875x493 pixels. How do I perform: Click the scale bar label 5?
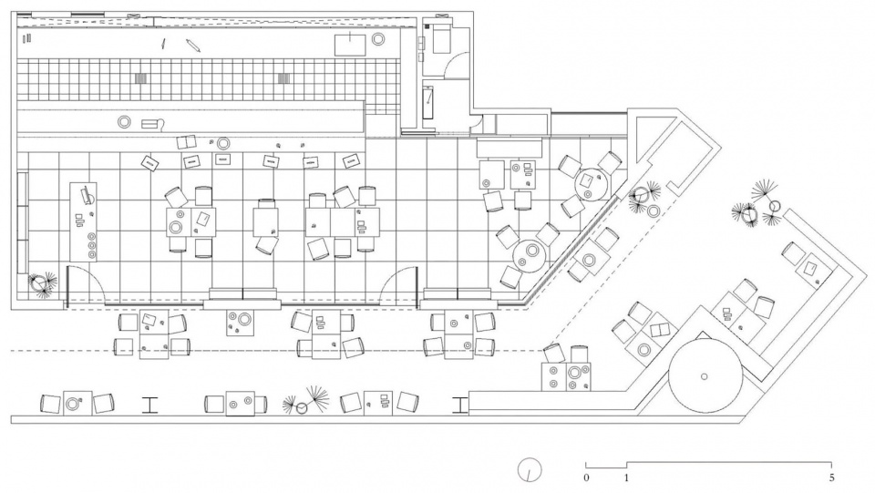coord(831,478)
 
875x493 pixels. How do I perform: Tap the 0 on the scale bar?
coord(586,478)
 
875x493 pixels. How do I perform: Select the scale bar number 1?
coord(627,478)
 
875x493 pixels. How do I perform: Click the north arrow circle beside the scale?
coord(529,470)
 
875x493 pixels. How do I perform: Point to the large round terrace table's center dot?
coord(705,376)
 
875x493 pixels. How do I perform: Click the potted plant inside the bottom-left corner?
coord(41,283)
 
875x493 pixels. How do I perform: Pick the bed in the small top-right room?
coord(441,37)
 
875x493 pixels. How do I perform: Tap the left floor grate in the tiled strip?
coord(140,78)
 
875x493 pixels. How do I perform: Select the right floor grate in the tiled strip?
coord(284,78)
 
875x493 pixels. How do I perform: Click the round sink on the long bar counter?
coord(124,122)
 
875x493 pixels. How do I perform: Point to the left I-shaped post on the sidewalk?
coord(149,405)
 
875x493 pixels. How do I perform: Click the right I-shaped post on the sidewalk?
coord(459,405)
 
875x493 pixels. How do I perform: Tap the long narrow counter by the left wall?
coord(22,223)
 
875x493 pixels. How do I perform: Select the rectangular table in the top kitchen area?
coord(350,46)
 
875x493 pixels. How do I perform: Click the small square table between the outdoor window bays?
coord(240,323)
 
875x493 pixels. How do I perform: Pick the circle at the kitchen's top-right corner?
coord(377,39)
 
